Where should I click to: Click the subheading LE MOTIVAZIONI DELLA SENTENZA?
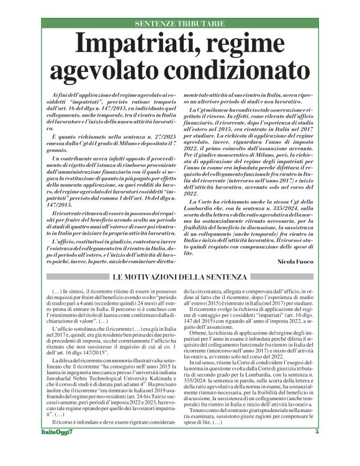pyautogui.click(x=179, y=276)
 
